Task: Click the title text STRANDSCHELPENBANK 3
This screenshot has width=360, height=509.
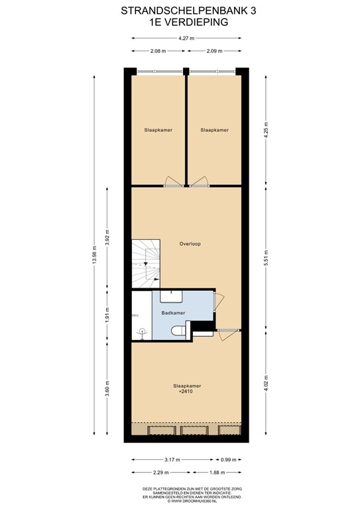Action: pyautogui.click(x=180, y=11)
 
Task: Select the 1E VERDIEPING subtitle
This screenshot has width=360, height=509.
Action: pyautogui.click(x=180, y=22)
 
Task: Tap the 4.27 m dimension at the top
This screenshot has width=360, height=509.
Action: pyautogui.click(x=186, y=38)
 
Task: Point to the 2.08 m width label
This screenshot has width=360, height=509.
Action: pyautogui.click(x=158, y=51)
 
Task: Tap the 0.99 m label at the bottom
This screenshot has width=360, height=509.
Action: pyautogui.click(x=227, y=459)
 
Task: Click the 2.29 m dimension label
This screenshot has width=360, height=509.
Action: pyautogui.click(x=158, y=473)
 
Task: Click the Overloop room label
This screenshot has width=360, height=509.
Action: pyautogui.click(x=190, y=244)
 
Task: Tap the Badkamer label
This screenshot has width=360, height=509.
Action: pyautogui.click(x=172, y=312)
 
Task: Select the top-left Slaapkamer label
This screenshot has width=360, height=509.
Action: pyautogui.click(x=158, y=130)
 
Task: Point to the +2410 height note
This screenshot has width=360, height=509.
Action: pyautogui.click(x=186, y=392)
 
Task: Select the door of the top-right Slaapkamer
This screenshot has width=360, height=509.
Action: pyautogui.click(x=197, y=181)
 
